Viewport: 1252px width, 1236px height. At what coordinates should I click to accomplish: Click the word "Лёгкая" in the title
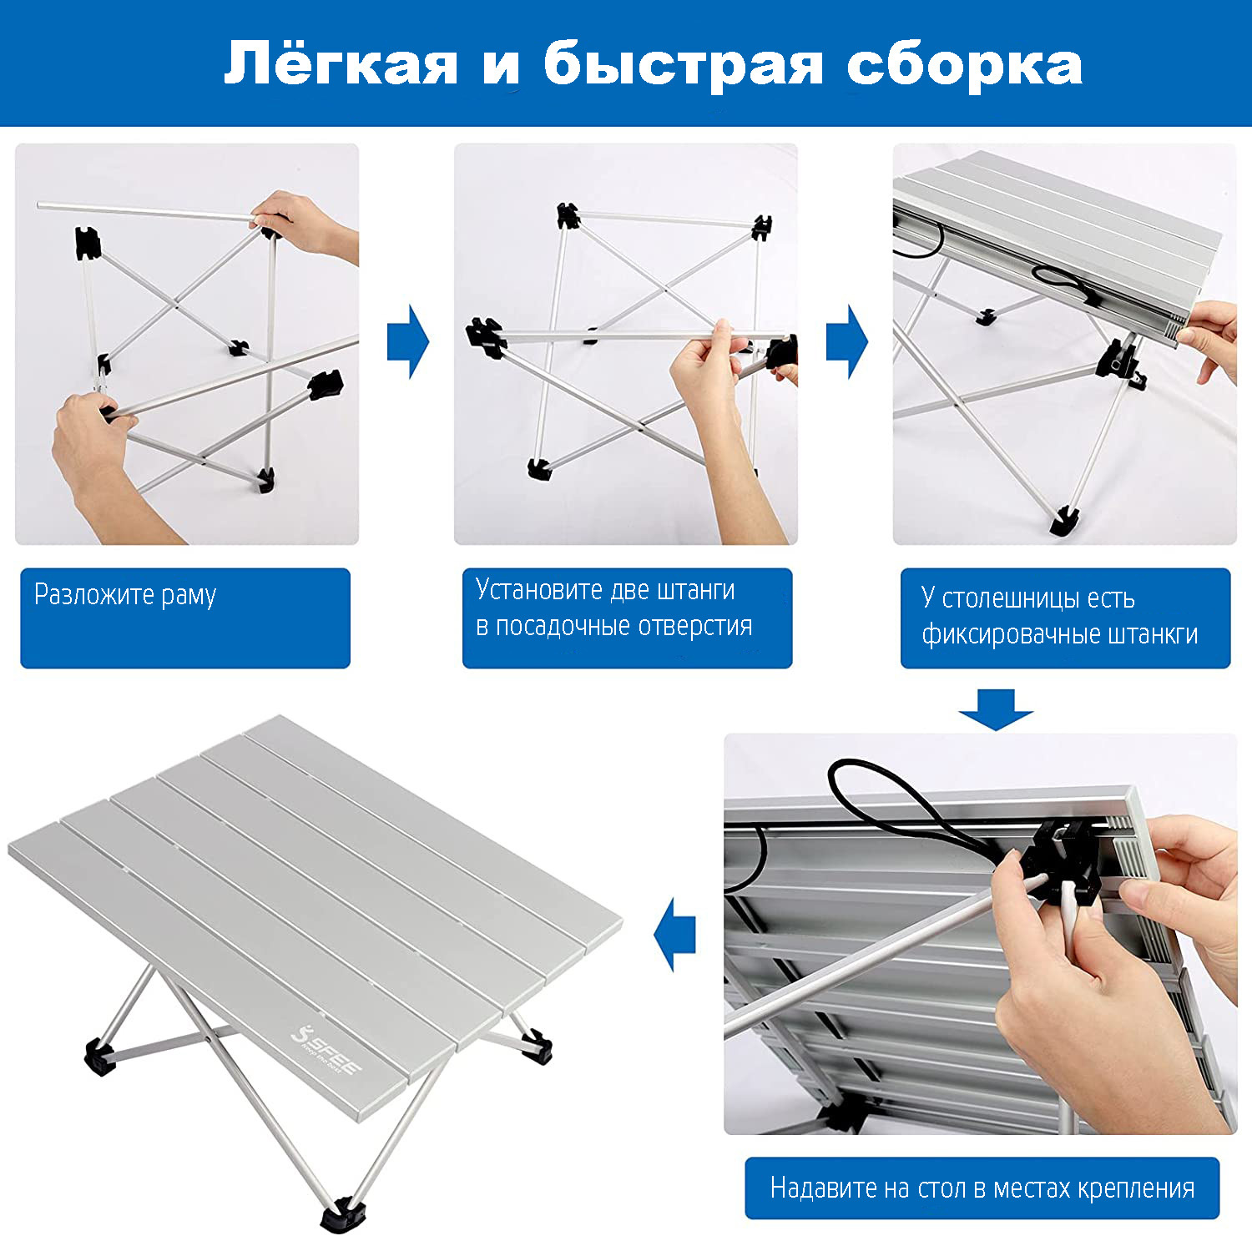341,63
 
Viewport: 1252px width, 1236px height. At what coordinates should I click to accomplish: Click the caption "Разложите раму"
125,595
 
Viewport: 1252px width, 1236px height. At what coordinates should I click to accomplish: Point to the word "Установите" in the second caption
540,589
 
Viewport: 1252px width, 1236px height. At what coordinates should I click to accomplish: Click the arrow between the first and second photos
408,342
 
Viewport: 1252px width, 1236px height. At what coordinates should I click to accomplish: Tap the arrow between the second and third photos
847,342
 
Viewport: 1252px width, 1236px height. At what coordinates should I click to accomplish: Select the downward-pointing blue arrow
996,709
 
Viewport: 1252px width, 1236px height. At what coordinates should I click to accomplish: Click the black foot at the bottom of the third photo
1063,521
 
